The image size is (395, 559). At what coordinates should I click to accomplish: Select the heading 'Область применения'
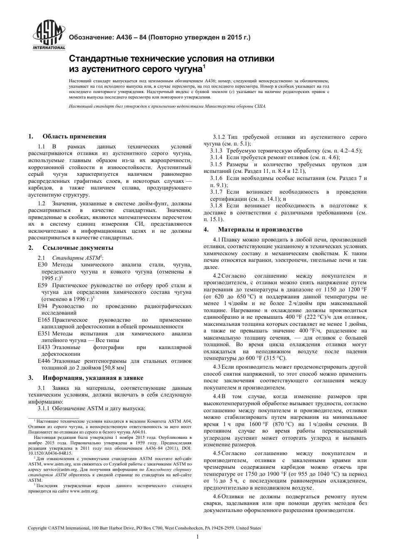coord(74,136)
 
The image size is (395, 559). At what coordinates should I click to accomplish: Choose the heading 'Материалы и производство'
coord(260,229)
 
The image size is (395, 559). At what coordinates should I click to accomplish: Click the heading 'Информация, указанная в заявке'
coord(93,378)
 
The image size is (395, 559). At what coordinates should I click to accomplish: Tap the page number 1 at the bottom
coord(197,537)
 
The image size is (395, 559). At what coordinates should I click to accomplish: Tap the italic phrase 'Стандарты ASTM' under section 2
coord(76,258)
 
